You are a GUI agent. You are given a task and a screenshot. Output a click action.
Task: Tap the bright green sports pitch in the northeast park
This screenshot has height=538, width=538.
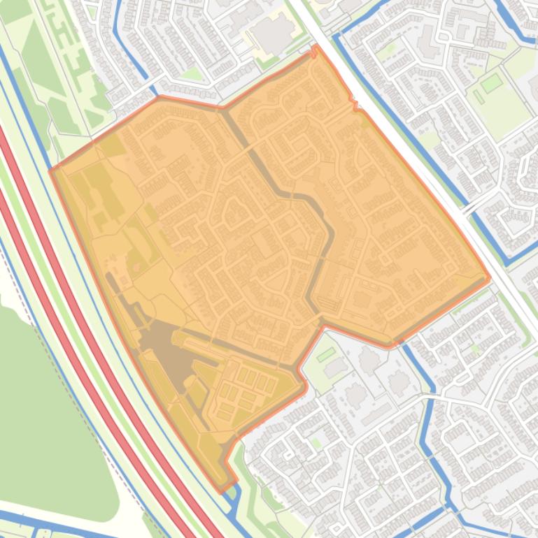(x=492, y=82)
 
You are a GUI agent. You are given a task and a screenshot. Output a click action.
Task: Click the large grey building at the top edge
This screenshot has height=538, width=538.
(x=273, y=31)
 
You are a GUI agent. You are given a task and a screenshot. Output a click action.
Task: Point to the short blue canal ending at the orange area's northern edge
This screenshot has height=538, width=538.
(x=133, y=56)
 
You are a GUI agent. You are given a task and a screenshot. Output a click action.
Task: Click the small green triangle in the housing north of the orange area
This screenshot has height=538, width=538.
(x=189, y=73)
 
